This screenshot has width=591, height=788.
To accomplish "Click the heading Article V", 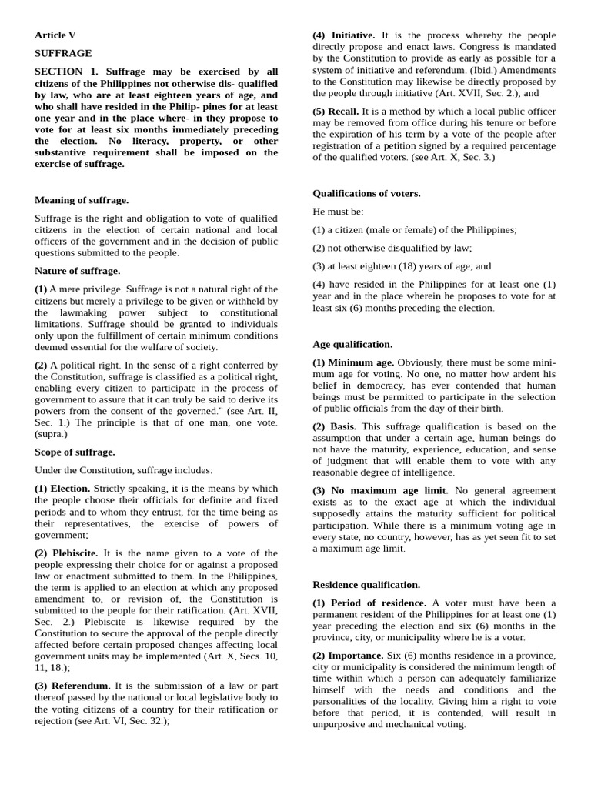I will click(x=55, y=35).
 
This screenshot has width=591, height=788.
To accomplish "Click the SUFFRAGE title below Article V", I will click(x=63, y=53).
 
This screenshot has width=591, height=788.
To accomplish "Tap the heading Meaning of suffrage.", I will click(x=82, y=200).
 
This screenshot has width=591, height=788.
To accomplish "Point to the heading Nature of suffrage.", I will click(x=77, y=271).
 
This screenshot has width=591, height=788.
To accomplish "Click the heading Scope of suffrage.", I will click(x=75, y=452).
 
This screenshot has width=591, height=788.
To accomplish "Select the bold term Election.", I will click(x=71, y=489).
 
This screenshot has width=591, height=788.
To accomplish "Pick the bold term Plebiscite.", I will click(x=75, y=553).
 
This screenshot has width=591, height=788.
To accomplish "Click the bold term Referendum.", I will click(x=81, y=685).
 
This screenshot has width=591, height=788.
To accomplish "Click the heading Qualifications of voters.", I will click(x=366, y=194).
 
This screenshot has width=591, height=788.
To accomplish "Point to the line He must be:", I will click(x=338, y=212).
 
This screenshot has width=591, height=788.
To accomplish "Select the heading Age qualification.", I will click(x=352, y=345).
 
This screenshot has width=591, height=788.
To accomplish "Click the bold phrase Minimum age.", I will click(x=362, y=362).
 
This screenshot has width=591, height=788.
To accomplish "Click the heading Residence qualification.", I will click(x=366, y=585).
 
